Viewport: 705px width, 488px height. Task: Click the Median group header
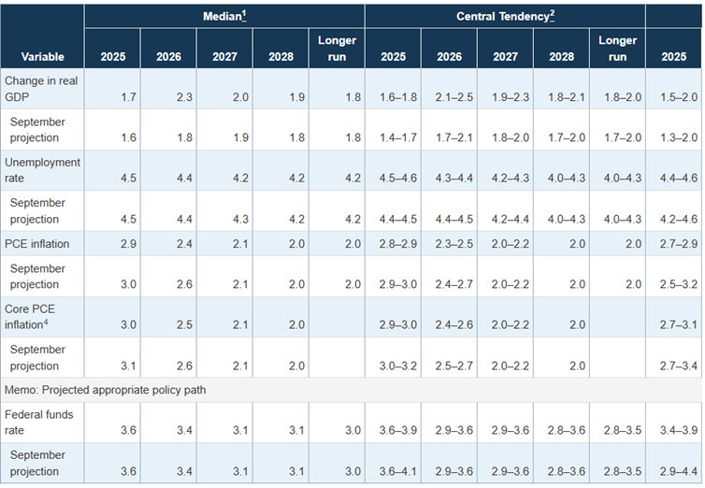224,17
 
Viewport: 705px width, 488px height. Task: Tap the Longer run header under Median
337,49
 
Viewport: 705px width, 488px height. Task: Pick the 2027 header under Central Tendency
505,57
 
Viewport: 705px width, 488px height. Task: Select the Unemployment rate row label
42,169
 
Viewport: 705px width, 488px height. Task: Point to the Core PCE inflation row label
34,316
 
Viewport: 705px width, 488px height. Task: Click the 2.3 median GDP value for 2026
169,96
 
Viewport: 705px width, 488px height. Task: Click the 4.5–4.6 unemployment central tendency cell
393,178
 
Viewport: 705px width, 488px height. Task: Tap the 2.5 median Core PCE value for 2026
169,324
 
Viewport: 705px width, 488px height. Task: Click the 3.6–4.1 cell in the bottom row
393,470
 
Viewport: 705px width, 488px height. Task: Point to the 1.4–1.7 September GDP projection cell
393,137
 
